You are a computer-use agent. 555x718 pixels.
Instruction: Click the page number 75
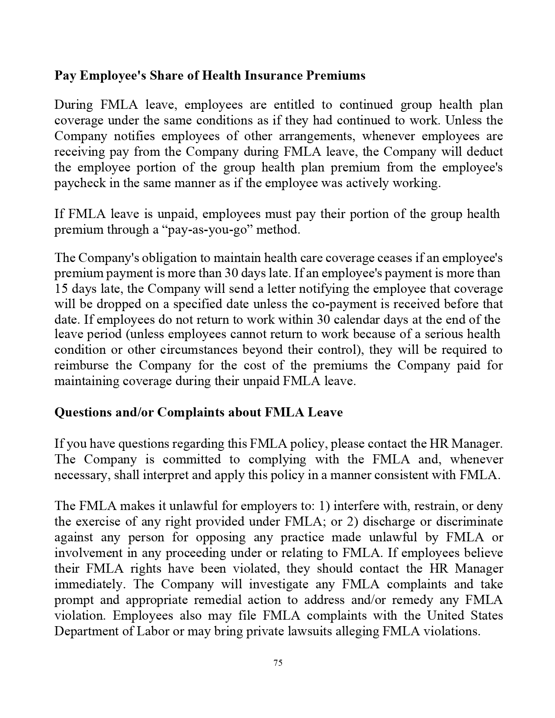click(x=278, y=663)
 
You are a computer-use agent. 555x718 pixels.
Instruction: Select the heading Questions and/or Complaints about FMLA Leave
click(x=198, y=412)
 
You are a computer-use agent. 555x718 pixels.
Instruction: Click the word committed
click(x=192, y=460)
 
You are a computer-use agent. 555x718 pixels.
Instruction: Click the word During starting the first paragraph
click(x=74, y=105)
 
